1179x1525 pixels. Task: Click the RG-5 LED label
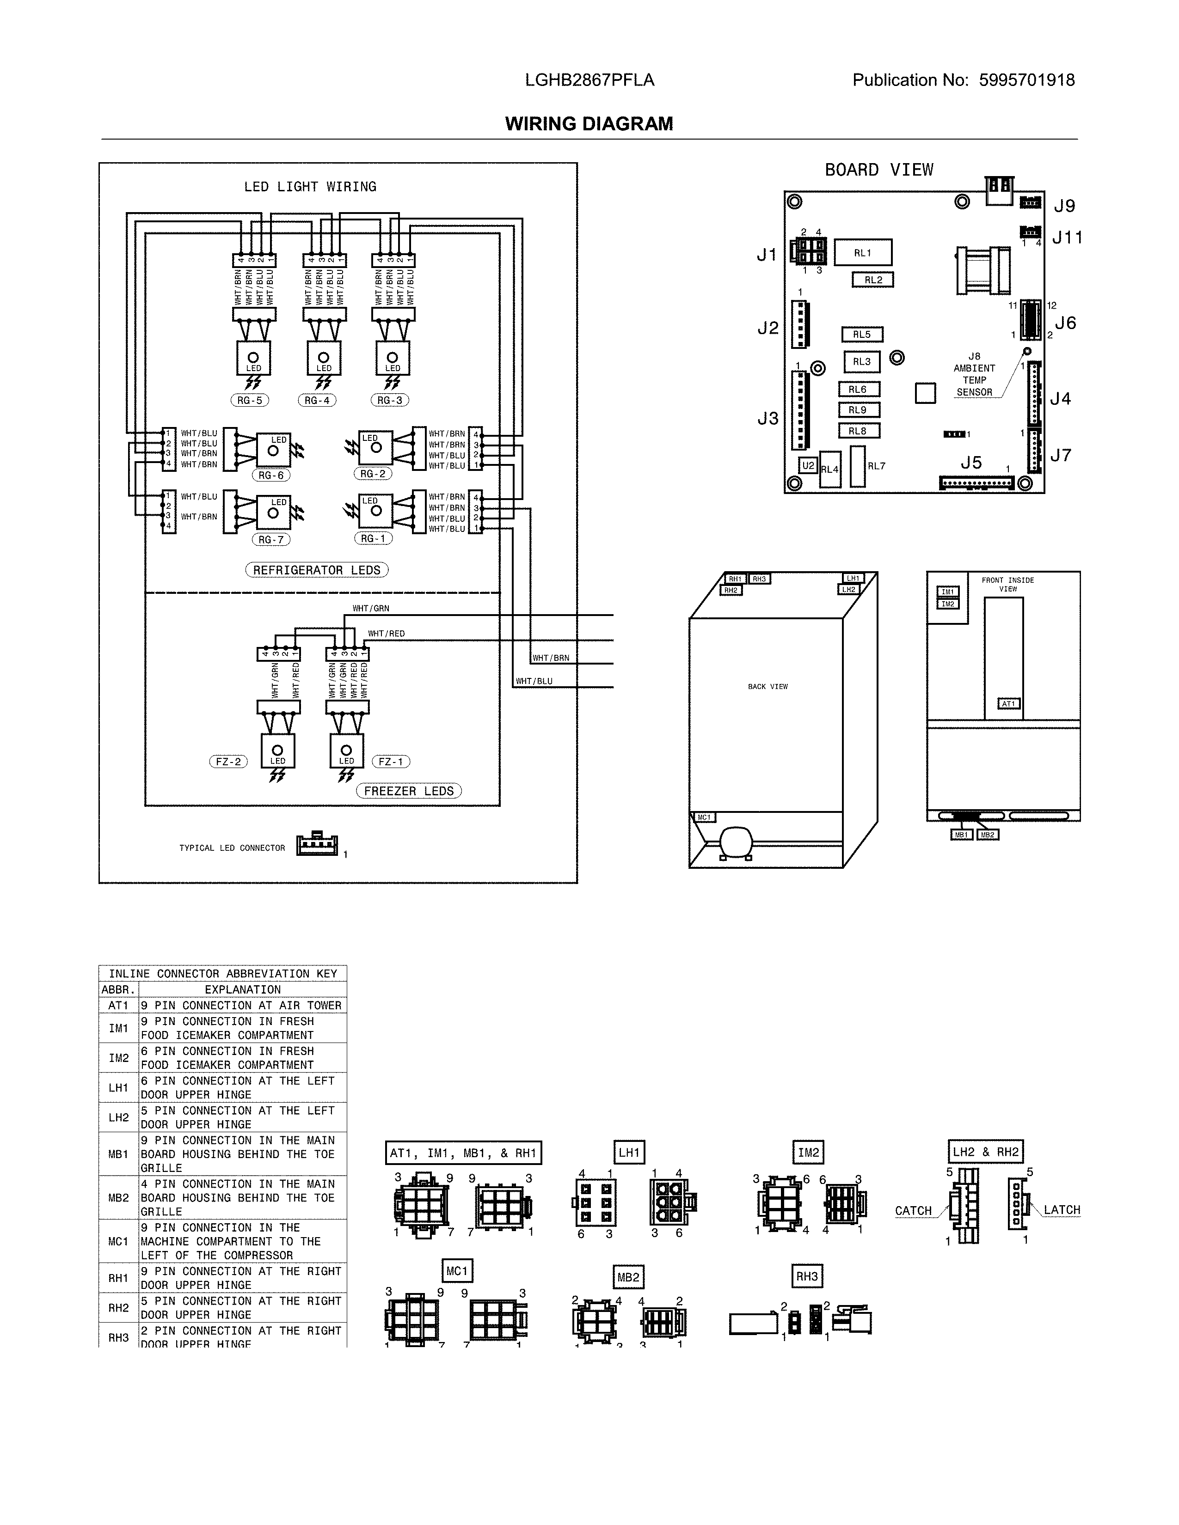pyautogui.click(x=249, y=400)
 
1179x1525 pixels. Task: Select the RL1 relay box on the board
pyautogui.click(x=863, y=253)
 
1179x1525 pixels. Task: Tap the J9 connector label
pyautogui.click(x=1064, y=206)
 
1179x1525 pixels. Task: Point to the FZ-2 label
pyautogui.click(x=228, y=762)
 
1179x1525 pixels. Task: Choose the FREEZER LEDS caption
pyautogui.click(x=409, y=791)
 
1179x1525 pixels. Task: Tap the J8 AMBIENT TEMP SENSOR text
pyautogui.click(x=974, y=374)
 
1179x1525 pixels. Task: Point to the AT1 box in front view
pyautogui.click(x=1008, y=704)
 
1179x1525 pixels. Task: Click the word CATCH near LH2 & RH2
pyautogui.click(x=913, y=1211)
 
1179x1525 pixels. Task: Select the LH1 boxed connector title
pyautogui.click(x=629, y=1152)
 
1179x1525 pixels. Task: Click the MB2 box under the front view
pyautogui.click(x=987, y=835)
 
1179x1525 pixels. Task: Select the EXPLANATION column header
pyautogui.click(x=242, y=989)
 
